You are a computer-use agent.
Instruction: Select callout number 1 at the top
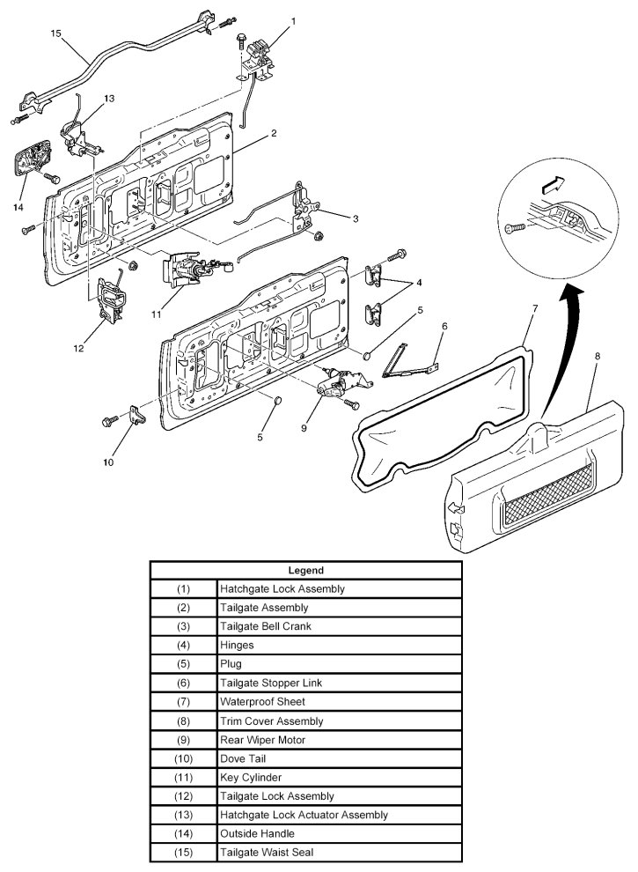(x=293, y=20)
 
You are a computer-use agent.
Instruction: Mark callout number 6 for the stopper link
(x=444, y=325)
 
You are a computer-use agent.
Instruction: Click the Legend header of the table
(x=305, y=570)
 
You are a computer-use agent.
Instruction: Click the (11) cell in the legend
(x=183, y=778)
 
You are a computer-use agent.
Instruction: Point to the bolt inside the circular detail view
(x=515, y=228)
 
